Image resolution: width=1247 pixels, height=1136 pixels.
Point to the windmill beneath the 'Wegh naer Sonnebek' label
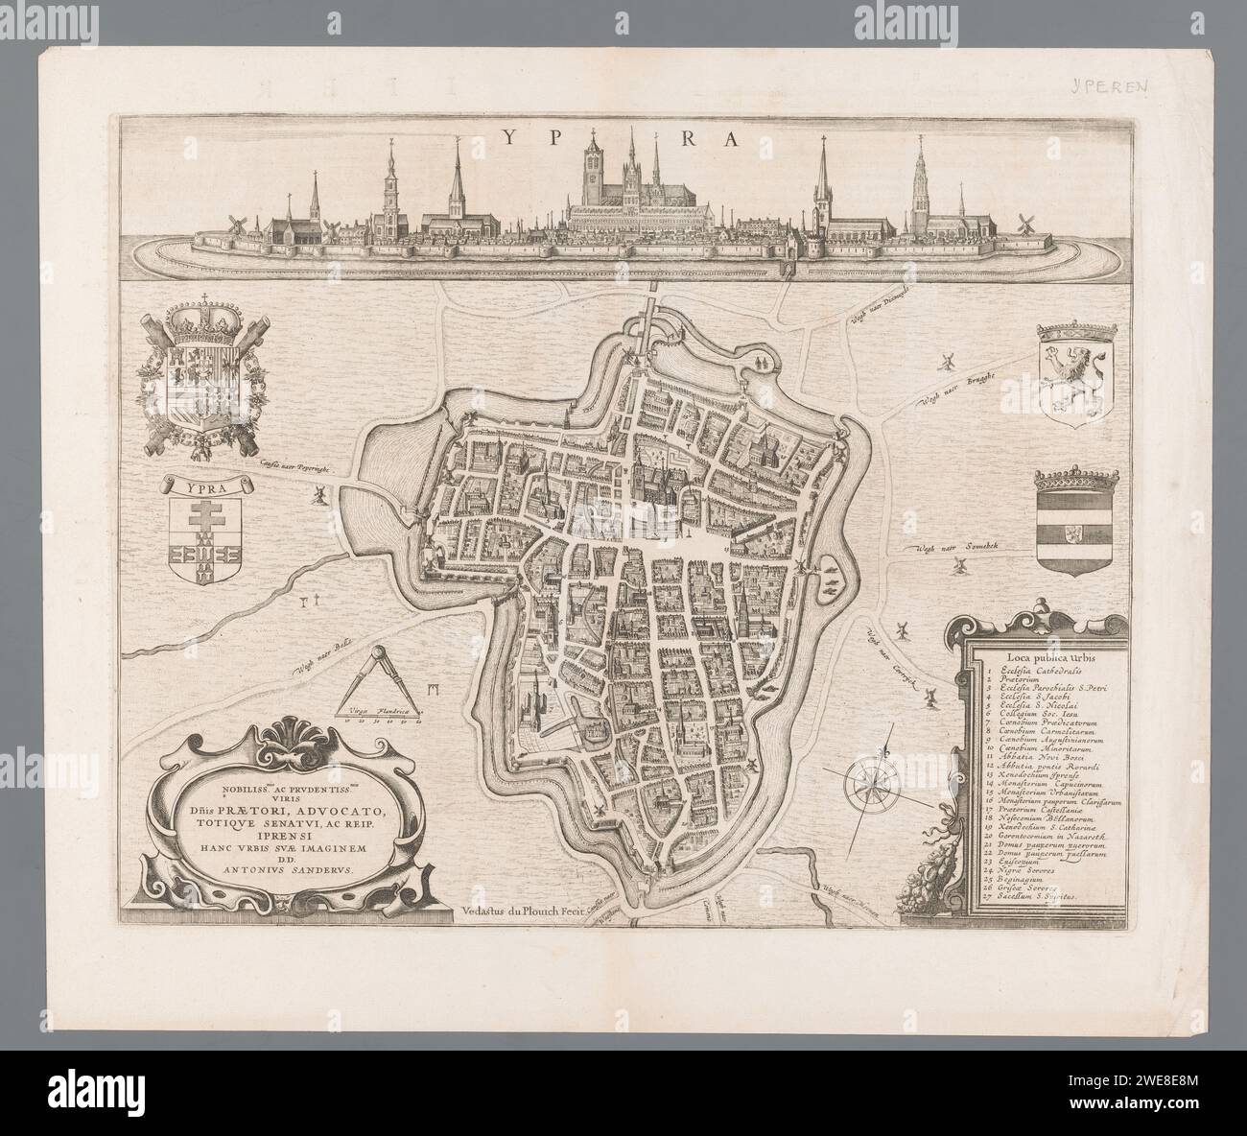click(956, 567)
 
